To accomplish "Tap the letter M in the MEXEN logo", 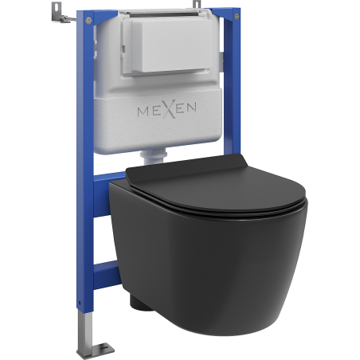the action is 143,112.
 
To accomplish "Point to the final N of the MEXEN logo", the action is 191,107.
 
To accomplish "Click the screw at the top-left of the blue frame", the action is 89,20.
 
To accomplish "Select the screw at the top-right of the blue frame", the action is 237,17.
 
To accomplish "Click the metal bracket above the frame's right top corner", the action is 197,5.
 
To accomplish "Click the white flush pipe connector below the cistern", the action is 155,157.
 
